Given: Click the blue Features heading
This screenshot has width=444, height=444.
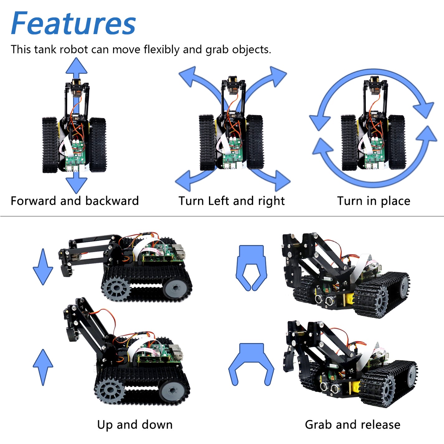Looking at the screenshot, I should (x=73, y=23).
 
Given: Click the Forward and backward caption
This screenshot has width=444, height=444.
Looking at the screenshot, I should (x=74, y=201).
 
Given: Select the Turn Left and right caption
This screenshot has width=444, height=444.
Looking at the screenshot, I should (x=231, y=201).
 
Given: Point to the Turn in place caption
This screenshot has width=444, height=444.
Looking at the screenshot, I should (x=373, y=201).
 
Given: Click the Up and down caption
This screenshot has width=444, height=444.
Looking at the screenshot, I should (x=135, y=425).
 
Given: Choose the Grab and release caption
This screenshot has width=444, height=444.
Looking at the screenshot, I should (x=352, y=425).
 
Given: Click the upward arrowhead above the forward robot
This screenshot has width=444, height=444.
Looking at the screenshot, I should (x=76, y=66).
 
